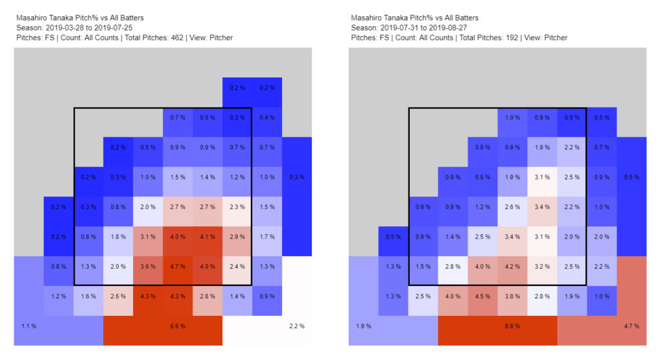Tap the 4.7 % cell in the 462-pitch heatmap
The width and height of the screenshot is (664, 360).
[x=178, y=266]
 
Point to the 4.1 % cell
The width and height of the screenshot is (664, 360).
[x=207, y=236]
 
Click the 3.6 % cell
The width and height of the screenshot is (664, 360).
[x=148, y=266]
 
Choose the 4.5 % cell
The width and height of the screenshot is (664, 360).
[x=482, y=296]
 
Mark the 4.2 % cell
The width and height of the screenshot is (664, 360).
[x=512, y=266]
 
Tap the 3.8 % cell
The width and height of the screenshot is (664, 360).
[x=512, y=296]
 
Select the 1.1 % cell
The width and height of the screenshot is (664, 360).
[x=29, y=326]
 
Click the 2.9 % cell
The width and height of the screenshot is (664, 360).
[x=237, y=236]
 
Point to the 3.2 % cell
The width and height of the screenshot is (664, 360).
[x=542, y=266]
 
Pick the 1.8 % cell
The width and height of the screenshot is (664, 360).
[x=118, y=236]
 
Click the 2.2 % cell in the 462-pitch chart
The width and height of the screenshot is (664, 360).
[x=296, y=326]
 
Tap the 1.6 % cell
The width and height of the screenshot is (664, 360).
[x=88, y=296]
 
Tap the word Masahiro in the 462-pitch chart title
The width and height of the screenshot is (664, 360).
[x=31, y=18]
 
